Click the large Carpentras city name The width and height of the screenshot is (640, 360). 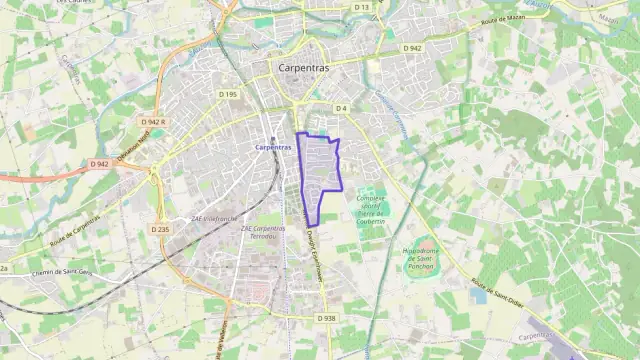[x=307, y=68]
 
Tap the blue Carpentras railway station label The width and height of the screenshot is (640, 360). [x=273, y=147]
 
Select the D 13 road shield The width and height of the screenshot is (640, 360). [x=362, y=7]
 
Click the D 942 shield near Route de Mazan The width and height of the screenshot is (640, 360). [x=413, y=48]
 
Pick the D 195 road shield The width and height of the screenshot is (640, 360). [x=227, y=94]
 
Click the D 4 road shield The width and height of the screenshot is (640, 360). [x=341, y=107]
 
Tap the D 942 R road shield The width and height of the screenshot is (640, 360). [x=153, y=122]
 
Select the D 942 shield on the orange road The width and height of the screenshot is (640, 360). [x=99, y=164]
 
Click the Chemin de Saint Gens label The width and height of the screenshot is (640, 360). [x=61, y=271]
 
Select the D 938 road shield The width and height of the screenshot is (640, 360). [x=326, y=318]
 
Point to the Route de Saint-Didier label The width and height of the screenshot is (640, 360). [x=500, y=292]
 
